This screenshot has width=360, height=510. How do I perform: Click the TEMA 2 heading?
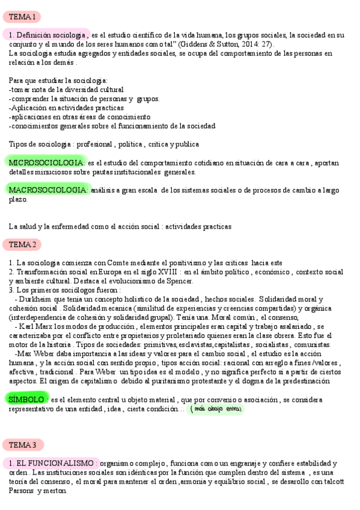[23, 244]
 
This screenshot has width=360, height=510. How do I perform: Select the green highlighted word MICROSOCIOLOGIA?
[46, 162]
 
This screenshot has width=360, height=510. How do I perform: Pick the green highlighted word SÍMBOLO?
[26, 399]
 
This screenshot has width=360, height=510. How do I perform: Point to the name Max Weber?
[40, 354]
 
